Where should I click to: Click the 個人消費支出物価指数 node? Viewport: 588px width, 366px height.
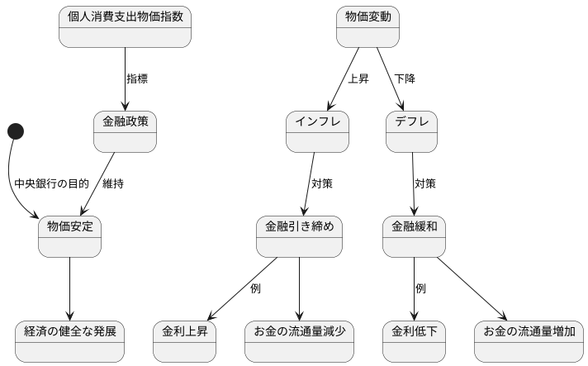point(125,26)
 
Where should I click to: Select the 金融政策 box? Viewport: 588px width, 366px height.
point(125,131)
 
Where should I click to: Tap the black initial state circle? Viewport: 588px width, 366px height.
point(16,131)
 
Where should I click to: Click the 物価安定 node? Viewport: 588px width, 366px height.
point(69,235)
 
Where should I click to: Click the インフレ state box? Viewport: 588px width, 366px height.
point(317,131)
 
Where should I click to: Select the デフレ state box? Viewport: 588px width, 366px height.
point(411,131)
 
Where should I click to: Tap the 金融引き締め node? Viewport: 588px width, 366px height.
point(299,235)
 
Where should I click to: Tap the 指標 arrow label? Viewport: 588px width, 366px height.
point(137,79)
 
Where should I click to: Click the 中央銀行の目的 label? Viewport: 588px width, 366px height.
point(51,183)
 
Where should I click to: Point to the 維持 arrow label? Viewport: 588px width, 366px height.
point(113,183)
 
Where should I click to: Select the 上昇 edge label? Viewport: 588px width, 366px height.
point(358,79)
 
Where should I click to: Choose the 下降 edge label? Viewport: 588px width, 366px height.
point(405,79)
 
